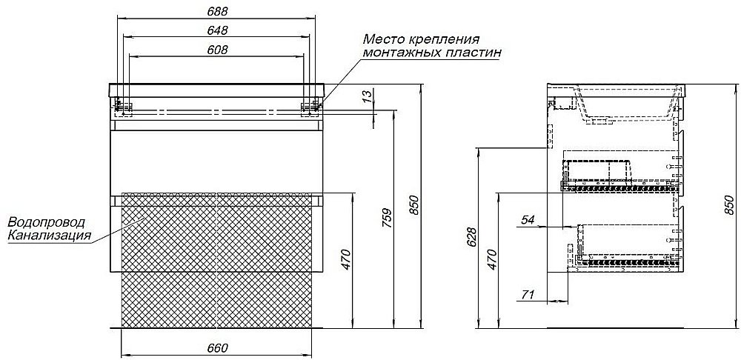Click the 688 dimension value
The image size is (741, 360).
tap(217, 11)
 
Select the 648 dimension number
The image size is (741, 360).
tap(217, 30)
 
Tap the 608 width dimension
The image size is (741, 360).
tap(217, 50)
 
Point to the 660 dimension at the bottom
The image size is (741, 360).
tap(217, 347)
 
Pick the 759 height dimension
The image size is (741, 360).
tap(387, 219)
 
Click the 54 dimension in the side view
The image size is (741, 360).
tap(528, 220)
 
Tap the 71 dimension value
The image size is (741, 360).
tap(528, 295)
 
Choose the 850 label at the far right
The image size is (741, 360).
tap(729, 205)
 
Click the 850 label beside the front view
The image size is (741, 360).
tap(413, 205)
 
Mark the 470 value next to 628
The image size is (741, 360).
tap(491, 259)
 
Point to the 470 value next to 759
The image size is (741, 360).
tap(346, 259)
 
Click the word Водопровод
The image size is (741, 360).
tap(47, 222)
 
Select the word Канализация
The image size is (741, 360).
tap(50, 235)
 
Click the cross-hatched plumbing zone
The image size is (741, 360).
tap(217, 260)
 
